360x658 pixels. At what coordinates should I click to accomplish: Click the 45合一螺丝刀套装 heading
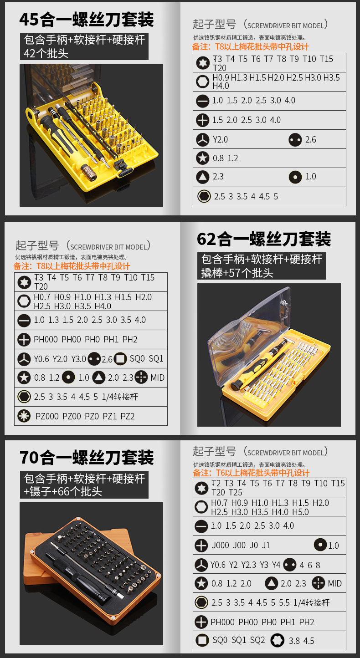click(x=87, y=20)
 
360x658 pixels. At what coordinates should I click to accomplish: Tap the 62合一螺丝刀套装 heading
click(x=264, y=239)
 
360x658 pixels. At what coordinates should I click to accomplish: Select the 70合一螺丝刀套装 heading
click(x=87, y=457)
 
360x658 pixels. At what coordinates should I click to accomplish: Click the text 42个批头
click(x=46, y=53)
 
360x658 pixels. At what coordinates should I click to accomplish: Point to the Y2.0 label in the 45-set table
click(x=220, y=139)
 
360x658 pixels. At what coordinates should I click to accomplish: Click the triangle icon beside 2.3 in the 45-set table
click(x=202, y=177)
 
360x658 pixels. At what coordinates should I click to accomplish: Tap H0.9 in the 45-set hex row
click(x=221, y=77)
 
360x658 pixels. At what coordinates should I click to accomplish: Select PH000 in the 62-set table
click(x=46, y=339)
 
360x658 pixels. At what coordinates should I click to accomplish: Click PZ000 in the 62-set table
click(x=47, y=416)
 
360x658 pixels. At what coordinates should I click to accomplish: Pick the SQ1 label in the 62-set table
click(x=156, y=359)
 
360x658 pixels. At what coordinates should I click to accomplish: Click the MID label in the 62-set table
click(x=158, y=377)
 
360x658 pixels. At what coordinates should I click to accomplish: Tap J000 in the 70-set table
click(x=221, y=545)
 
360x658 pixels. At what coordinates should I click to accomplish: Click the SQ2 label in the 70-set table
click(x=257, y=640)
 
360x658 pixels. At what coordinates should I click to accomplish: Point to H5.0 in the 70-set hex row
click(x=300, y=512)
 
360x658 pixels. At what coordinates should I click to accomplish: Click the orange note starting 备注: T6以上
click(x=251, y=473)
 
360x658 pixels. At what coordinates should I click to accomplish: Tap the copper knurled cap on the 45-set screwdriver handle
click(x=89, y=173)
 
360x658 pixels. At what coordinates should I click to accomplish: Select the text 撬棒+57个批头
click(x=237, y=273)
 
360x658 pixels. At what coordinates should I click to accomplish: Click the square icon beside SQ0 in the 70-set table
click(x=202, y=640)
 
